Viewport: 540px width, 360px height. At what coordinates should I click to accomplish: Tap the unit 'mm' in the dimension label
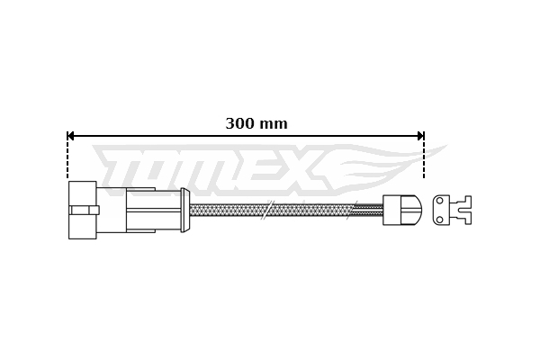tap(274, 124)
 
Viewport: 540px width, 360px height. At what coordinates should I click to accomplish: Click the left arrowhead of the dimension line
tap(71, 136)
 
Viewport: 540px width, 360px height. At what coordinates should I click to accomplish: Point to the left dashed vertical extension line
tap(67, 157)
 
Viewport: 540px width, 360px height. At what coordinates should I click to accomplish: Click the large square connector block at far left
tap(82, 210)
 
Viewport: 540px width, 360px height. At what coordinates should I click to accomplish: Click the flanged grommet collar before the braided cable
tap(184, 210)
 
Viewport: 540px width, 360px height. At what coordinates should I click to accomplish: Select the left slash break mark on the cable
tap(265, 210)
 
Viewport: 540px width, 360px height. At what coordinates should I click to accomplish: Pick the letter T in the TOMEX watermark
tap(121, 171)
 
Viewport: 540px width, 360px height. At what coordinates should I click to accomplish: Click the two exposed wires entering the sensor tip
tap(369, 210)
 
